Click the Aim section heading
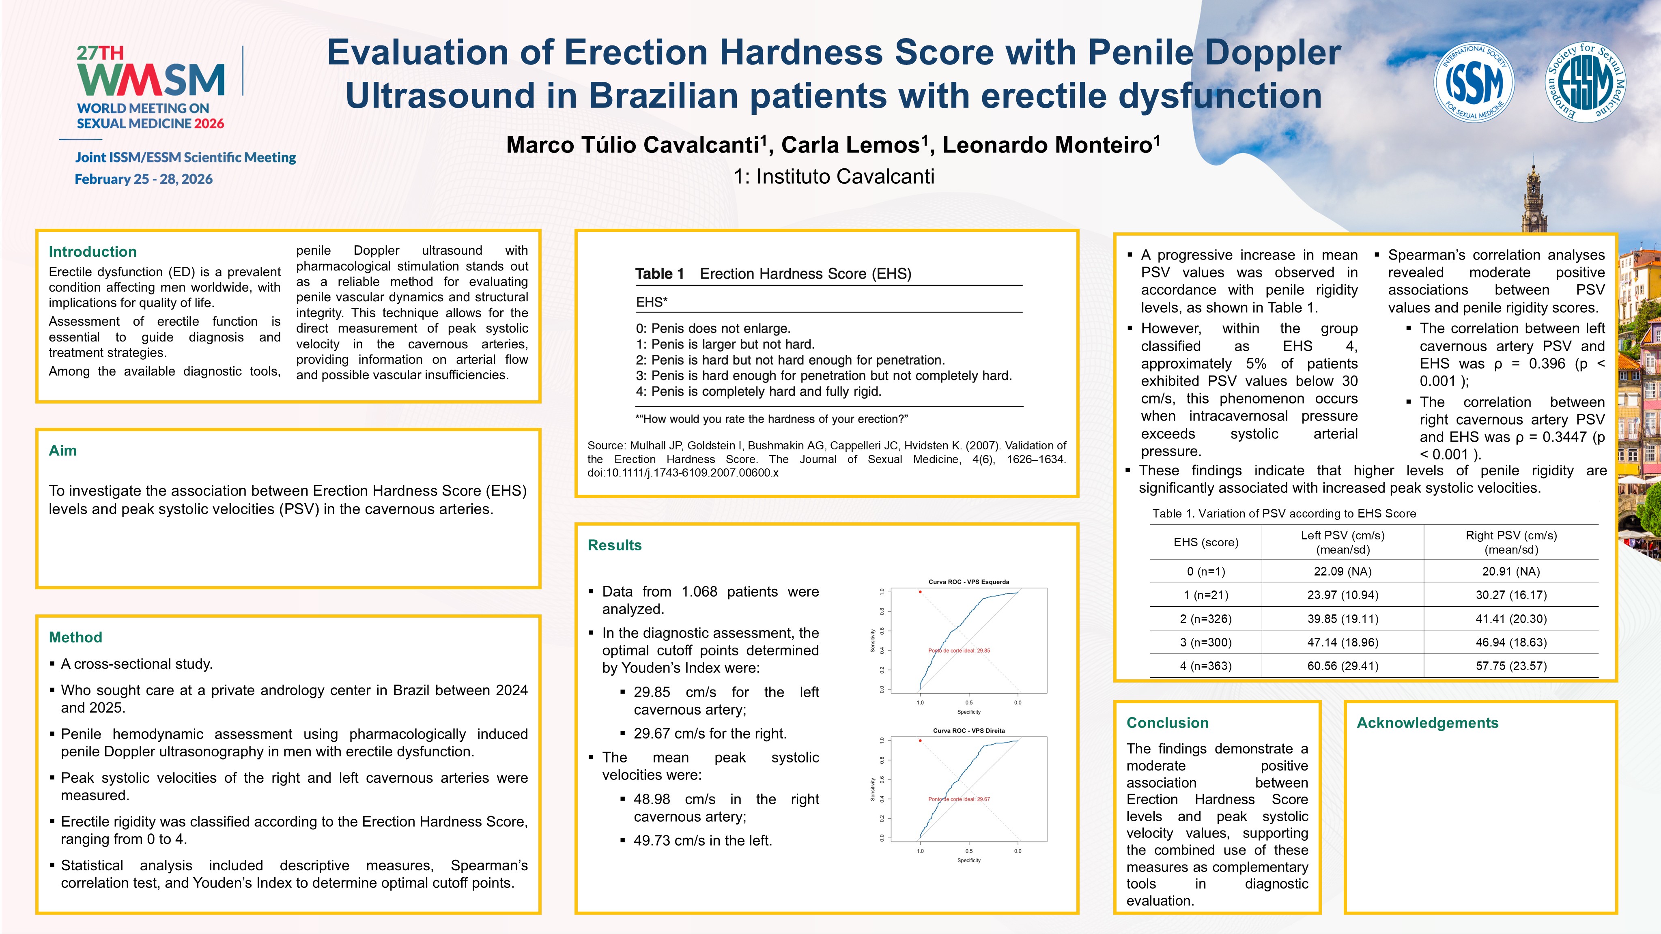tap(62, 451)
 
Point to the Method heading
tap(75, 638)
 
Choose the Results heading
tap(615, 545)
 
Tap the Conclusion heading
tap(1167, 723)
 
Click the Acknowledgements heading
tap(1427, 723)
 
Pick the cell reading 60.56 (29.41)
tap(1343, 666)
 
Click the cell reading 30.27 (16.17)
tap(1511, 595)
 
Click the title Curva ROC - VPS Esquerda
tap(968, 582)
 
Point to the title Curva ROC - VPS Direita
tap(968, 730)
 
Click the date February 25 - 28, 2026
tap(144, 179)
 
